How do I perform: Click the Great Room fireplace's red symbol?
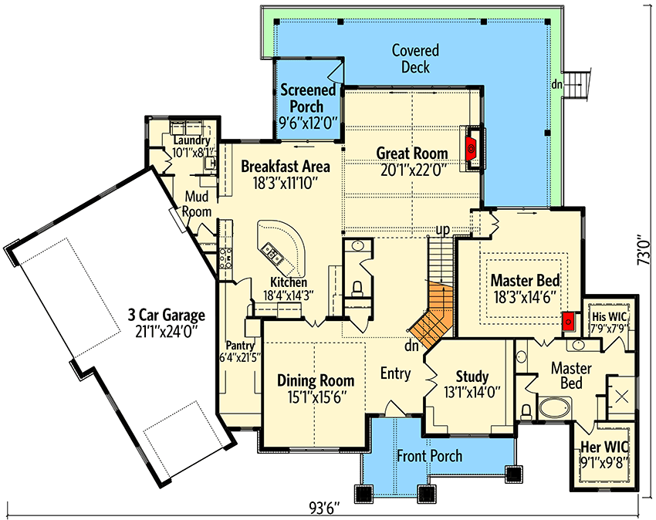[471, 147]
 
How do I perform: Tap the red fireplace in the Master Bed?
[569, 322]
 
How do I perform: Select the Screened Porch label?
[307, 98]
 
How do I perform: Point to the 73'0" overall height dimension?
[645, 252]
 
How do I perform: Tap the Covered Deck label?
[415, 59]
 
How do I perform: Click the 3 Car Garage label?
[167, 315]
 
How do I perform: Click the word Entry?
[395, 373]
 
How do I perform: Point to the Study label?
[472, 376]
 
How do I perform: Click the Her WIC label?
[604, 447]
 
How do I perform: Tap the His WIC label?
[609, 316]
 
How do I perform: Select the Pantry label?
[240, 346]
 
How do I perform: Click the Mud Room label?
[197, 204]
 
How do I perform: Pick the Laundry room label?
[191, 140]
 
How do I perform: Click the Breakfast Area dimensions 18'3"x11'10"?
[286, 183]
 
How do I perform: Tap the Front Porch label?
[430, 455]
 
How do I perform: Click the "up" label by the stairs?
[443, 230]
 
